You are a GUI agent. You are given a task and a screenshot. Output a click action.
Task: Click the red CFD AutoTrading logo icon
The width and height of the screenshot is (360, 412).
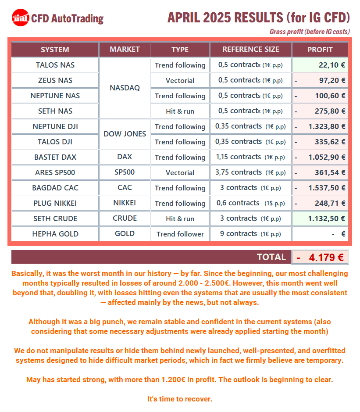tap(20, 18)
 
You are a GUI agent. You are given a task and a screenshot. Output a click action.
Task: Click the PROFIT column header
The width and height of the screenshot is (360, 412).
tap(320, 50)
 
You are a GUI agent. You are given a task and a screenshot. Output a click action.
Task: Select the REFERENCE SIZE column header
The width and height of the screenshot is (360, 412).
tap(250, 50)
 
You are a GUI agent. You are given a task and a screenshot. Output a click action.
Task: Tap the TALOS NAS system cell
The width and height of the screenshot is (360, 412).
tap(55, 65)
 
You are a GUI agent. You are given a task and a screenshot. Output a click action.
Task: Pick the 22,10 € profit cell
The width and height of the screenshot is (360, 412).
tap(320, 65)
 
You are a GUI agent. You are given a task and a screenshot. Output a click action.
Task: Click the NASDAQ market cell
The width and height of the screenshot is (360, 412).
tap(125, 88)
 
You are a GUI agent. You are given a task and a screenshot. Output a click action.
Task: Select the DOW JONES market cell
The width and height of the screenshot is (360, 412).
tap(125, 134)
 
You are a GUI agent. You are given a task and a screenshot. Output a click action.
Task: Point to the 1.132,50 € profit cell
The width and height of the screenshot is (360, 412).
tap(320, 219)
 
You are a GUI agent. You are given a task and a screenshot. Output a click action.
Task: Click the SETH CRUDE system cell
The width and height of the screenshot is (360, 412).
tap(55, 219)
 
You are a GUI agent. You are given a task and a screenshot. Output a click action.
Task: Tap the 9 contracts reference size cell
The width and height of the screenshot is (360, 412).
tap(250, 234)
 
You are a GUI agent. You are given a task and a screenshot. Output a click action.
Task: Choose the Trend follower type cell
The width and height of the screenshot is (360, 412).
tap(180, 234)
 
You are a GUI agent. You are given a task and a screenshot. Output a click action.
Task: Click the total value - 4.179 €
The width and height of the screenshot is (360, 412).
tap(320, 258)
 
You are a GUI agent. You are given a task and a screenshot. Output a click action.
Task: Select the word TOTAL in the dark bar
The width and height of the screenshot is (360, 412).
tap(271, 257)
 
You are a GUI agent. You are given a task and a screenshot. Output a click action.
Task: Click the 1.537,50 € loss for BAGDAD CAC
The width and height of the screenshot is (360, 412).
tap(320, 188)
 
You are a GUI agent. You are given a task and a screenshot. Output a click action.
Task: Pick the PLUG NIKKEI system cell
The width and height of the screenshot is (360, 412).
tap(55, 203)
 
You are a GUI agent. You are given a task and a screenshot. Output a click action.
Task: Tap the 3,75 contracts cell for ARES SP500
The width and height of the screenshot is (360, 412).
tap(250, 172)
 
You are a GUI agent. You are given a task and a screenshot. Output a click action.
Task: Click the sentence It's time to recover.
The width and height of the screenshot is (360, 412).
tap(180, 399)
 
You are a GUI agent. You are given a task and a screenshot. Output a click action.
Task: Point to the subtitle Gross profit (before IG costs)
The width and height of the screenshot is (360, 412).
tap(309, 32)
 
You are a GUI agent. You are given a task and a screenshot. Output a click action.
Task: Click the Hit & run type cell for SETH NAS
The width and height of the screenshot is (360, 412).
tap(180, 111)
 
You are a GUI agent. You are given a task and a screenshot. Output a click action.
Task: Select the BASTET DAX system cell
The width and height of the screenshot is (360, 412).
tap(55, 157)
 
